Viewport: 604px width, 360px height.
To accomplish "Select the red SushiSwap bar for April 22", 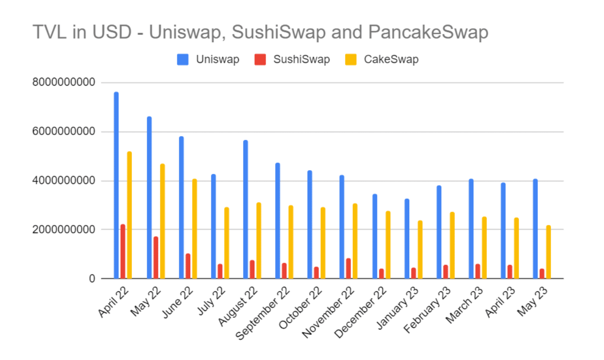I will pyautogui.click(x=123, y=251).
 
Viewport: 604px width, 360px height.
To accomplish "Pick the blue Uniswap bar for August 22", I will pyautogui.click(x=245, y=209).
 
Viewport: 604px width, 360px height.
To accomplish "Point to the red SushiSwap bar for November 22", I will pyautogui.click(x=349, y=268).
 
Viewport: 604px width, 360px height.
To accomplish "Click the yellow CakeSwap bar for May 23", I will pyautogui.click(x=548, y=252).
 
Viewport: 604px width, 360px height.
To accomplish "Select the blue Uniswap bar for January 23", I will pyautogui.click(x=407, y=238).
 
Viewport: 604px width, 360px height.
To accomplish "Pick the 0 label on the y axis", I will pyautogui.click(x=92, y=279).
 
